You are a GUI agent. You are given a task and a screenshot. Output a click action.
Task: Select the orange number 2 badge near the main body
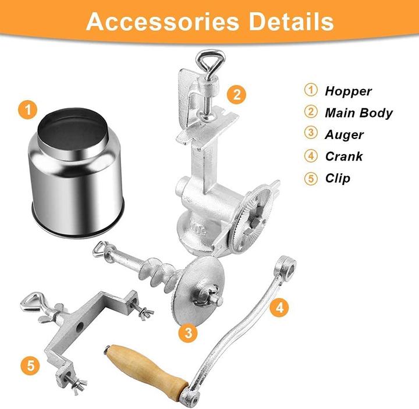tap(236, 94)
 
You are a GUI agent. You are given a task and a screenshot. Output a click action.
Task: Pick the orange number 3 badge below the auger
tap(187, 332)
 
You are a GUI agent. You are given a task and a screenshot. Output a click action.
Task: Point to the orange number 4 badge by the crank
tap(279, 307)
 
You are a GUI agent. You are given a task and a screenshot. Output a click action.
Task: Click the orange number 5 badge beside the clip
tap(30, 365)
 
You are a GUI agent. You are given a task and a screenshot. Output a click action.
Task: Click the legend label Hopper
tap(348, 91)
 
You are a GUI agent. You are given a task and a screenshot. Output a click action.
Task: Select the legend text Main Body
tap(358, 113)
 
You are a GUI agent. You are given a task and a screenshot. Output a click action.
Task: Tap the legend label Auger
tap(345, 134)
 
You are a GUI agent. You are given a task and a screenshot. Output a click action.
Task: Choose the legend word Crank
tap(344, 156)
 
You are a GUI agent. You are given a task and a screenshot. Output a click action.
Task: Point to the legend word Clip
tap(338, 178)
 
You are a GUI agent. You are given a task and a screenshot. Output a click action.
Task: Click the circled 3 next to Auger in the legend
tap(311, 134)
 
